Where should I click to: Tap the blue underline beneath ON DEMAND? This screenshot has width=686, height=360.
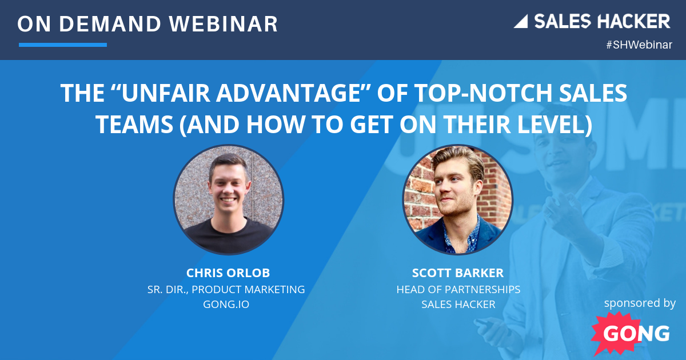coord(63,45)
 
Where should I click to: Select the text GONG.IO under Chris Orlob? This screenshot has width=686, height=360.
coord(226,304)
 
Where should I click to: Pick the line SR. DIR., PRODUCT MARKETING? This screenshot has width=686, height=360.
coord(226,289)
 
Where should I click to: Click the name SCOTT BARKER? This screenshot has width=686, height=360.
coord(458,273)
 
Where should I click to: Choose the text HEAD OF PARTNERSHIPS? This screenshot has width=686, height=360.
coord(458,289)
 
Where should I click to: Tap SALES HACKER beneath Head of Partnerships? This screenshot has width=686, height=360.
coord(458,304)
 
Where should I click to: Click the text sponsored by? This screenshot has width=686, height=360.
coord(640,302)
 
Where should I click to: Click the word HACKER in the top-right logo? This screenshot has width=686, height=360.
coord(635,22)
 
